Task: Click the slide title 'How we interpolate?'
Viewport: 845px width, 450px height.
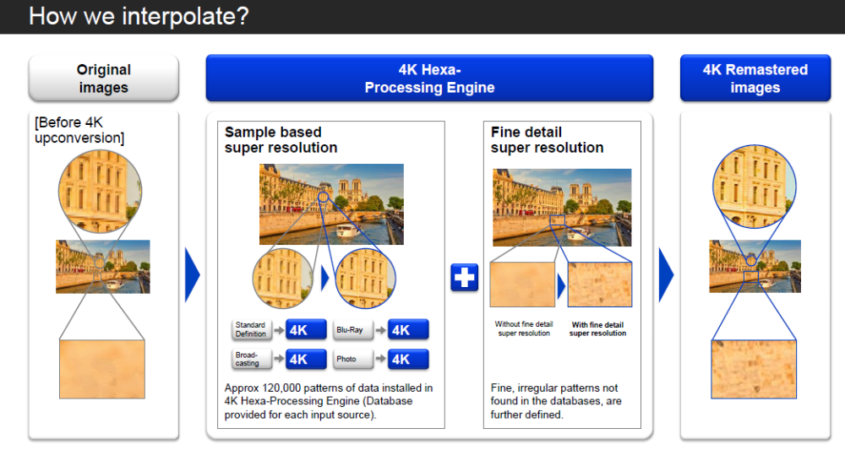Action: point(139,16)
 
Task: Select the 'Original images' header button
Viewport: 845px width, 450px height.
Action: point(103,78)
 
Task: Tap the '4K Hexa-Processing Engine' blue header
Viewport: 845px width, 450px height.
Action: point(429,78)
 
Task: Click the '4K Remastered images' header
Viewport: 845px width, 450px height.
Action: point(755,78)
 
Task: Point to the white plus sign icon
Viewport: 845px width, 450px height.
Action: point(465,277)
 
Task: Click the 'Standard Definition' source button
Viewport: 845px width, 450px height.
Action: point(251,329)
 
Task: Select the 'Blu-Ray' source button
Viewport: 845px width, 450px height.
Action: point(352,329)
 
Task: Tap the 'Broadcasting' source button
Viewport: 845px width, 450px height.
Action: point(251,359)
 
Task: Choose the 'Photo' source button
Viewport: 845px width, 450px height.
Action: point(352,359)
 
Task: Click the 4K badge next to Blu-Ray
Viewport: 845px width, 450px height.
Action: point(408,329)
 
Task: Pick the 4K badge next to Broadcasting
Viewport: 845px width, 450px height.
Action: point(306,359)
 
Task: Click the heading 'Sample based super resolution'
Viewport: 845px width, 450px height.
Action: point(281,140)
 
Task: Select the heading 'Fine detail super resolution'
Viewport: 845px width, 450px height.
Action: point(547,140)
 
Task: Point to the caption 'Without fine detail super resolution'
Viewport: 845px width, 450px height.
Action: point(524,329)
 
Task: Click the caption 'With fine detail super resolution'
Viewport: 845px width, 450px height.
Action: point(597,329)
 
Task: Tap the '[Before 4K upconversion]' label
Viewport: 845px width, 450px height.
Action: point(79,130)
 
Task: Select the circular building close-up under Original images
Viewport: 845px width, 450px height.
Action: point(101,192)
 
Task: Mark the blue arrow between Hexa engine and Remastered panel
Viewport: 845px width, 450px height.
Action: point(666,274)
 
